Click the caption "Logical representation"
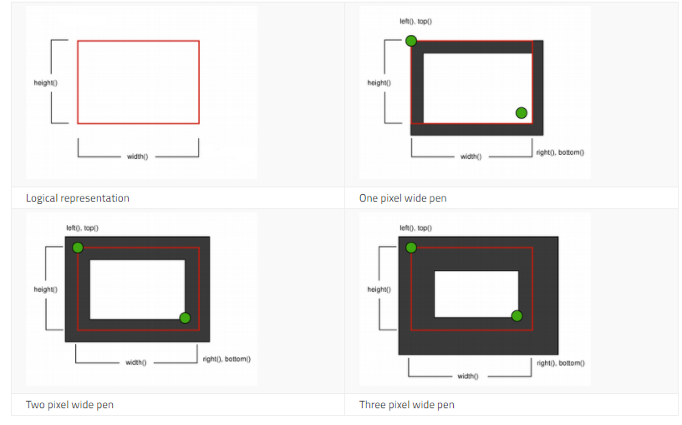coord(78,198)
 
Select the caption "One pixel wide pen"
coord(403,198)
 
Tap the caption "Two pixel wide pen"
coord(69,405)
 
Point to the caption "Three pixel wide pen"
coord(407,405)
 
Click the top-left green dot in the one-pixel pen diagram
coord(411,41)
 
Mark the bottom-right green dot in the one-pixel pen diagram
coord(522,113)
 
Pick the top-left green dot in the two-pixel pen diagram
coord(78,248)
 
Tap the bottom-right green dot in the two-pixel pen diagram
coord(185,318)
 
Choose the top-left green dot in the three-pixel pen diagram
coord(411,248)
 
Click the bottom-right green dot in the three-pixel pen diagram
coord(517,316)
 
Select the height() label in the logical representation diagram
coord(46,83)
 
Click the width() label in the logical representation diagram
coord(137,156)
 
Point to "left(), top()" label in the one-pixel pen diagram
coord(416,22)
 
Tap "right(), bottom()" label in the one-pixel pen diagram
coord(560,152)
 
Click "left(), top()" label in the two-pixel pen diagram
coord(82,228)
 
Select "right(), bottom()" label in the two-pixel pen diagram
coord(226,359)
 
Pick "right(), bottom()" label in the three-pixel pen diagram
coord(561,363)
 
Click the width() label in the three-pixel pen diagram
coord(468,376)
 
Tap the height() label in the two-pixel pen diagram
coord(46,289)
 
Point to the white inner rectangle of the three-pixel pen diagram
coord(476,294)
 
